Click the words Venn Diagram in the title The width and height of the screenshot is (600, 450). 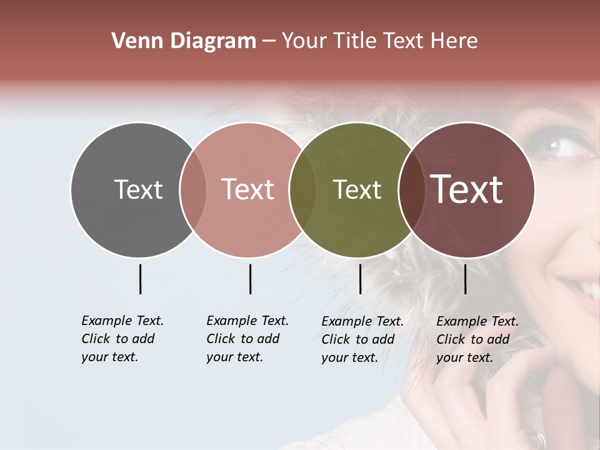(x=184, y=41)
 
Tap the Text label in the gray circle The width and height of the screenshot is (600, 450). (x=138, y=189)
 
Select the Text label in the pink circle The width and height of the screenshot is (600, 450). (x=248, y=189)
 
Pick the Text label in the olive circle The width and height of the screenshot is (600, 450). (x=357, y=189)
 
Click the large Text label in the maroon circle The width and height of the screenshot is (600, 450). (x=467, y=189)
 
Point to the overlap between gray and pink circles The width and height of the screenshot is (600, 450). (x=193, y=189)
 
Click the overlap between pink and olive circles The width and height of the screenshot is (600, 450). (x=302, y=189)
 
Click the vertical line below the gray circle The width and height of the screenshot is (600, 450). (x=140, y=279)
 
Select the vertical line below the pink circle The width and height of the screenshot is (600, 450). (x=250, y=279)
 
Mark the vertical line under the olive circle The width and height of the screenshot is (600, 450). (x=360, y=279)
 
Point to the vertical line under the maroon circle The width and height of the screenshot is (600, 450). (x=465, y=279)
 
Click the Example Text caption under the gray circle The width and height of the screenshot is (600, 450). (x=122, y=339)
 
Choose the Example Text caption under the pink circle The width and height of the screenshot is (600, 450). (x=247, y=339)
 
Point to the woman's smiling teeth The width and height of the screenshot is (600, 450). (x=589, y=289)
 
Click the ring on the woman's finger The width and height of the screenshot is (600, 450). (x=539, y=439)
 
